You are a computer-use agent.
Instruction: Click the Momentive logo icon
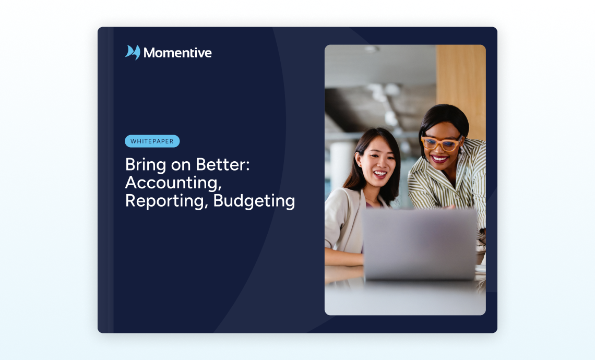click(x=133, y=52)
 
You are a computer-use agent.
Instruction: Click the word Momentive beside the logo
click(x=177, y=53)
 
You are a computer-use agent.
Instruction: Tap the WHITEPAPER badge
click(x=152, y=141)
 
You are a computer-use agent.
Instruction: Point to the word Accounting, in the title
click(x=173, y=183)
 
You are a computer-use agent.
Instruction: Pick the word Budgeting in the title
click(x=254, y=201)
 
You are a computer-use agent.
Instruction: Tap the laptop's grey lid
click(x=420, y=245)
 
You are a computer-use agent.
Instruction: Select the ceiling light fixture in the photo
click(x=372, y=49)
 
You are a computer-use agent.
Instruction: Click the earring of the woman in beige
click(x=359, y=165)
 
